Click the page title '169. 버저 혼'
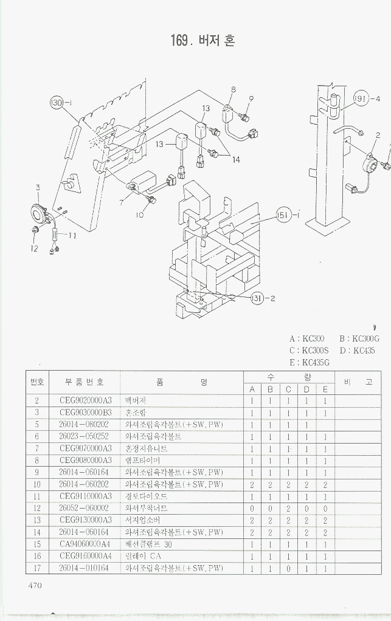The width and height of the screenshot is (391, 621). [x=203, y=41]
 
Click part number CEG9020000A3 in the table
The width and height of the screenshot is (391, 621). [x=86, y=400]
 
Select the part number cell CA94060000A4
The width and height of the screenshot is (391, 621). [x=86, y=544]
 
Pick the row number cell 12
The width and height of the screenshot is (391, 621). [x=37, y=508]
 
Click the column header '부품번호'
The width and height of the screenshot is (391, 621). [x=85, y=382]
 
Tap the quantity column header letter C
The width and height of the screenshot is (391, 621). [x=289, y=389]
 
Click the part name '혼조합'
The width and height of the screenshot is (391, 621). [x=136, y=413]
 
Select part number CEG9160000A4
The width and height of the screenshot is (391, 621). [x=86, y=556]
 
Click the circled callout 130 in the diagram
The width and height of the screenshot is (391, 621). [x=58, y=103]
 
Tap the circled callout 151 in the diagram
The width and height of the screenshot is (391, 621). [x=284, y=214]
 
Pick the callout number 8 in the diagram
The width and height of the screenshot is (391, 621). [x=233, y=89]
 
